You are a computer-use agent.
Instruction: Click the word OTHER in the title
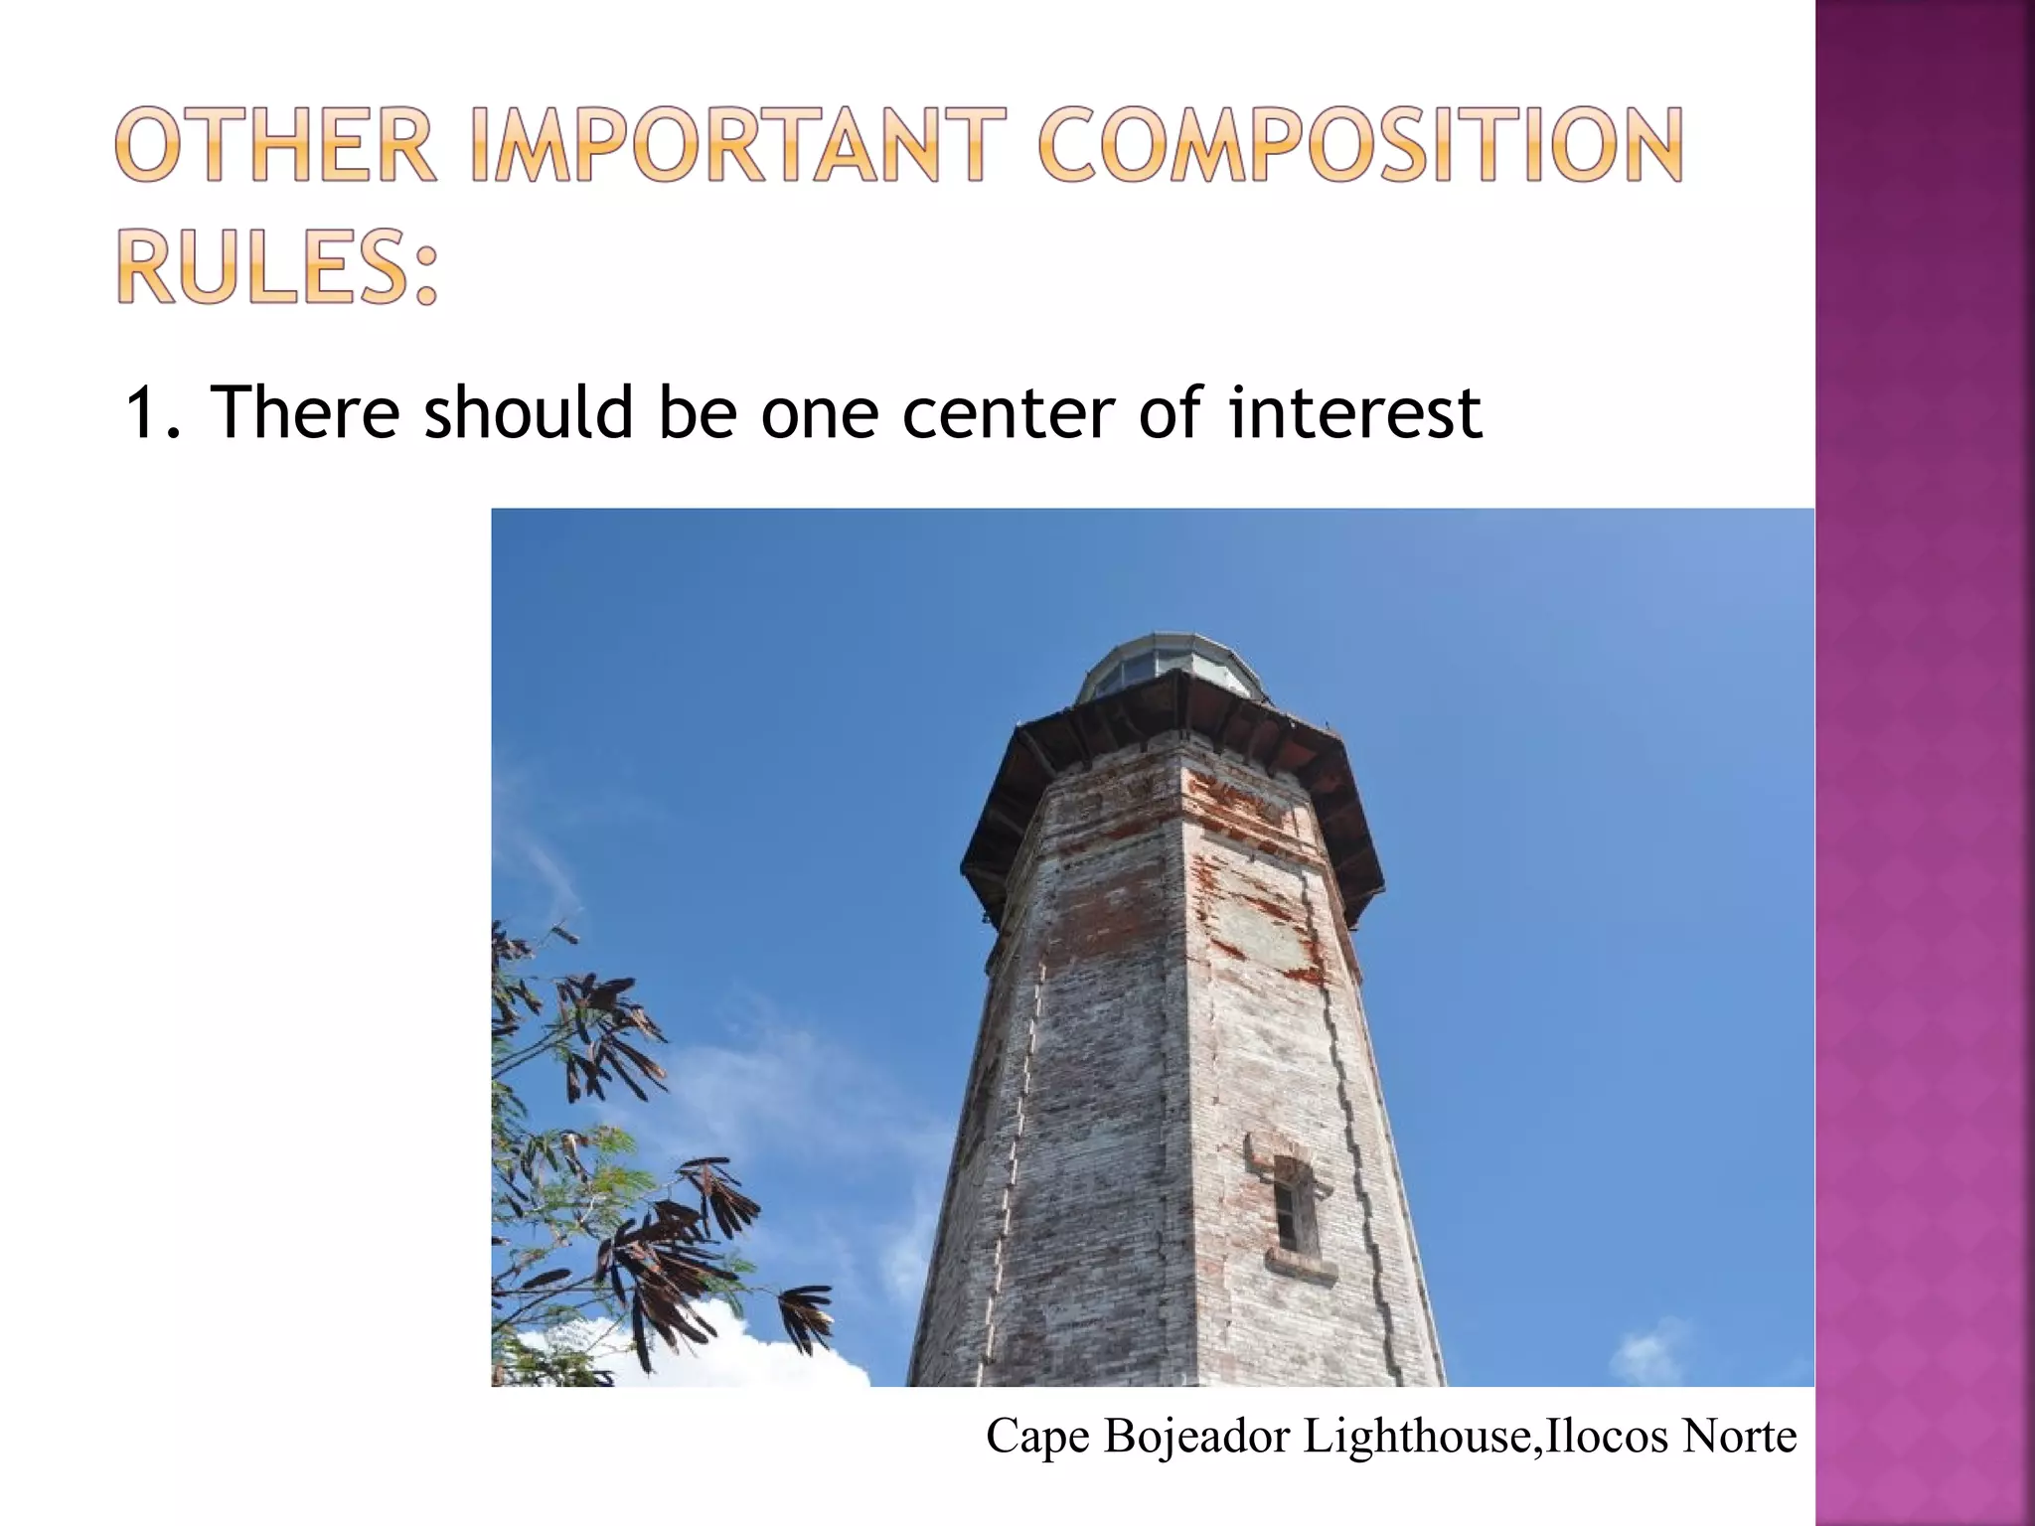click(x=275, y=146)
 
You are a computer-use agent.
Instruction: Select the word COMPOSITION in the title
click(x=1360, y=146)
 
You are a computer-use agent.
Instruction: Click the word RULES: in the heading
click(x=278, y=266)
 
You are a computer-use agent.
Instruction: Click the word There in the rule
click(x=304, y=412)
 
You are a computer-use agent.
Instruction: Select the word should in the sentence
click(x=529, y=412)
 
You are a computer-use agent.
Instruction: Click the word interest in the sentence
click(x=1355, y=412)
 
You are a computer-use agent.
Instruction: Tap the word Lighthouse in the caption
click(x=1416, y=1437)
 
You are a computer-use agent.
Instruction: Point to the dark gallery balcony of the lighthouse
click(x=1173, y=755)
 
